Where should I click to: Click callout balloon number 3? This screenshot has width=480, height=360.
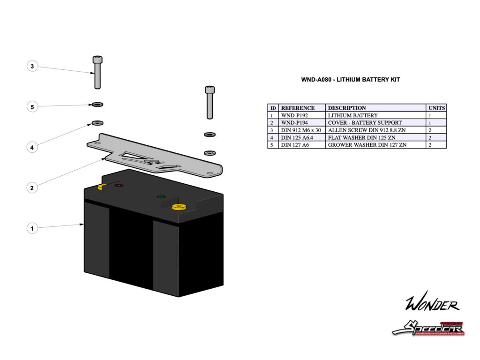point(32,67)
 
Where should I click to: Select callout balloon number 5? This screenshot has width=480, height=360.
point(32,107)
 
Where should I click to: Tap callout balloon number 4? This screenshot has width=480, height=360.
point(32,147)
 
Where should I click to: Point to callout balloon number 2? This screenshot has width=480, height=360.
point(32,188)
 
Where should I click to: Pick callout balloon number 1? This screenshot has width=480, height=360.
point(32,229)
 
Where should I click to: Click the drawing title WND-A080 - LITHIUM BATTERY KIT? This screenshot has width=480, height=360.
point(350,80)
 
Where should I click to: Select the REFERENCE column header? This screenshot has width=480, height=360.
point(298,108)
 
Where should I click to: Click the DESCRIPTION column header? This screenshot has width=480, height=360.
point(347,108)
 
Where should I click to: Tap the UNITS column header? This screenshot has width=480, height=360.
point(436,108)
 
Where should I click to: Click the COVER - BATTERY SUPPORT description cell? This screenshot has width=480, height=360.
point(365,122)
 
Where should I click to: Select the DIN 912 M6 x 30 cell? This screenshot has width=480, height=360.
point(300,130)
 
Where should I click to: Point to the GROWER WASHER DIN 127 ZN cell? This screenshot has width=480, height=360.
point(367,145)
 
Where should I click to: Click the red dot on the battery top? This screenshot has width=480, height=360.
point(118,186)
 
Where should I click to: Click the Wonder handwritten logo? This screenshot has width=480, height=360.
point(432,304)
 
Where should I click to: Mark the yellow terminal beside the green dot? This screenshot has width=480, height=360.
point(179,206)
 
